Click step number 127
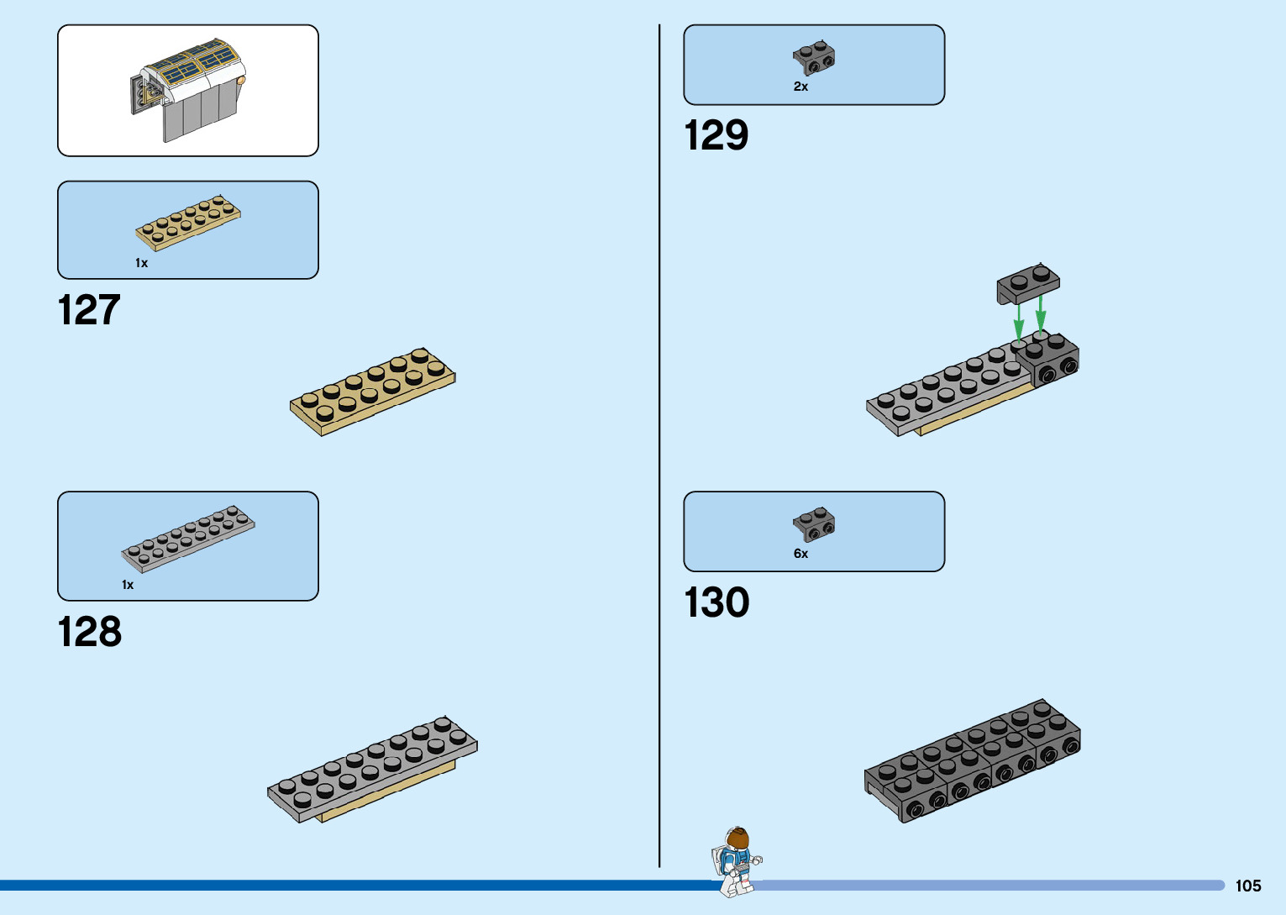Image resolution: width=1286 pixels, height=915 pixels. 89,310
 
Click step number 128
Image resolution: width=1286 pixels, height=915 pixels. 90,632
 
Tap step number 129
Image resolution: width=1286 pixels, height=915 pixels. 716,135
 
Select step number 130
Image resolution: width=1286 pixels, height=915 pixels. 716,602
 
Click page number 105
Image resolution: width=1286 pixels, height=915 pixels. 1247,886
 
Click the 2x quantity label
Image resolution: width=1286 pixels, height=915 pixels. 800,87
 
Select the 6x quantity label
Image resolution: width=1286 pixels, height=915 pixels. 800,554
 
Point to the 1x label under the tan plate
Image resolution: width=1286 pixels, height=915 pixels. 141,263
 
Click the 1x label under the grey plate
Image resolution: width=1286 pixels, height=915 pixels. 128,585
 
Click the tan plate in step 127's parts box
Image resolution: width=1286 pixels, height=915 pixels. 188,223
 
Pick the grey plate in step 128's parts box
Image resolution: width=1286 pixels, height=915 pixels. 188,539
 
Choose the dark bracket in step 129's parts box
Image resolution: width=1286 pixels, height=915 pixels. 814,57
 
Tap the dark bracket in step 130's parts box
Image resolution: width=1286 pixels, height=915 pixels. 814,524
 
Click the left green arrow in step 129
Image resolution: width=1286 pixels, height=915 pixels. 1018,319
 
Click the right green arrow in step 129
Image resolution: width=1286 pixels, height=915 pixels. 1041,312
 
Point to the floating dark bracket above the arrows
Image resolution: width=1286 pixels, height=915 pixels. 1028,283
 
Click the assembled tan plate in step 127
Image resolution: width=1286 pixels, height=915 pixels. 372,392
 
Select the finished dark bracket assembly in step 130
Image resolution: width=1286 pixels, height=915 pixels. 973,760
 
